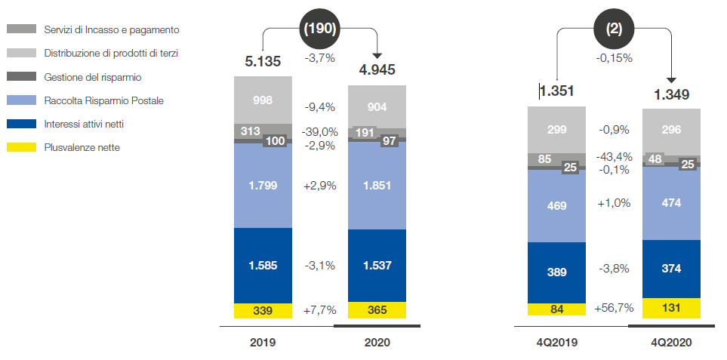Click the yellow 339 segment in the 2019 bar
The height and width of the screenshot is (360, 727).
(263, 310)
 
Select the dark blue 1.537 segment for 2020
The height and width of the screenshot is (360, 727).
(377, 266)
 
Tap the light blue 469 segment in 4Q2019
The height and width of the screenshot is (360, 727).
(556, 205)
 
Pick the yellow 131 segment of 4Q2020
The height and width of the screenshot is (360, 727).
(671, 308)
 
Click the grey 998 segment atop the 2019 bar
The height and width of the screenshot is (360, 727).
(263, 100)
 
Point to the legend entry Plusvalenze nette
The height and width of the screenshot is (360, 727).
(82, 147)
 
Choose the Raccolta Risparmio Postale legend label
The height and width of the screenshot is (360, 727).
(103, 100)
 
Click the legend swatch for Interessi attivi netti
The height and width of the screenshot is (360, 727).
(21, 124)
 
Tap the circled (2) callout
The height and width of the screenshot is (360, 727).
(614, 29)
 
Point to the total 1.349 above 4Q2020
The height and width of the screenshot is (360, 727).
(670, 94)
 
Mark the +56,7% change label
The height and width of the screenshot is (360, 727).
(613, 308)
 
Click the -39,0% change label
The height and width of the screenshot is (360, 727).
(319, 131)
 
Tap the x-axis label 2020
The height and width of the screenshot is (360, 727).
(377, 343)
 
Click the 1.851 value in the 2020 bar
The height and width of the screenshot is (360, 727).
(377, 186)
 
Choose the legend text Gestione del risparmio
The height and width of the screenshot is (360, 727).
(92, 77)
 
